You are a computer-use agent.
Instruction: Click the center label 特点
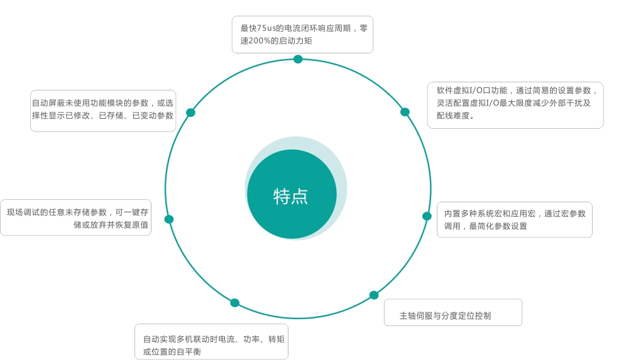tap(290, 197)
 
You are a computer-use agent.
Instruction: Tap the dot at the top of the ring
tap(298, 59)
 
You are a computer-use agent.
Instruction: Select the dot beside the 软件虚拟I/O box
tap(405, 112)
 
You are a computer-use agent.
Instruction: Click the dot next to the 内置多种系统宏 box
tap(427, 216)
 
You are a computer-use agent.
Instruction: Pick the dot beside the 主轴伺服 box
tap(374, 295)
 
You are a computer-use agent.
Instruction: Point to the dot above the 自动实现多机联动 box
tap(235, 303)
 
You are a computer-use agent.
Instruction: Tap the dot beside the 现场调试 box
tap(169, 219)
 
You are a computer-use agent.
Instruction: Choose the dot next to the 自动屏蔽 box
tap(190, 112)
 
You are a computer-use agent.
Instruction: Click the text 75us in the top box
tap(266, 28)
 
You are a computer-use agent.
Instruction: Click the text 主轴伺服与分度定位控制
tap(446, 316)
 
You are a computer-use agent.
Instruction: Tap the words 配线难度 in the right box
tap(453, 116)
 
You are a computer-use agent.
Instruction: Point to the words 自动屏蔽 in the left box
tap(48, 103)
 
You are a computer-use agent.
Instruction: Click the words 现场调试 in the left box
tap(23, 212)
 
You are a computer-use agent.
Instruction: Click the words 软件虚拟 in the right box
tap(453, 90)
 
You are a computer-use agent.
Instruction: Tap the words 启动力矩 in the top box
tap(295, 41)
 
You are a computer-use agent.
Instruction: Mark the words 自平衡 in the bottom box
tap(189, 352)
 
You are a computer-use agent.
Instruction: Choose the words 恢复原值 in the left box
tap(132, 225)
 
